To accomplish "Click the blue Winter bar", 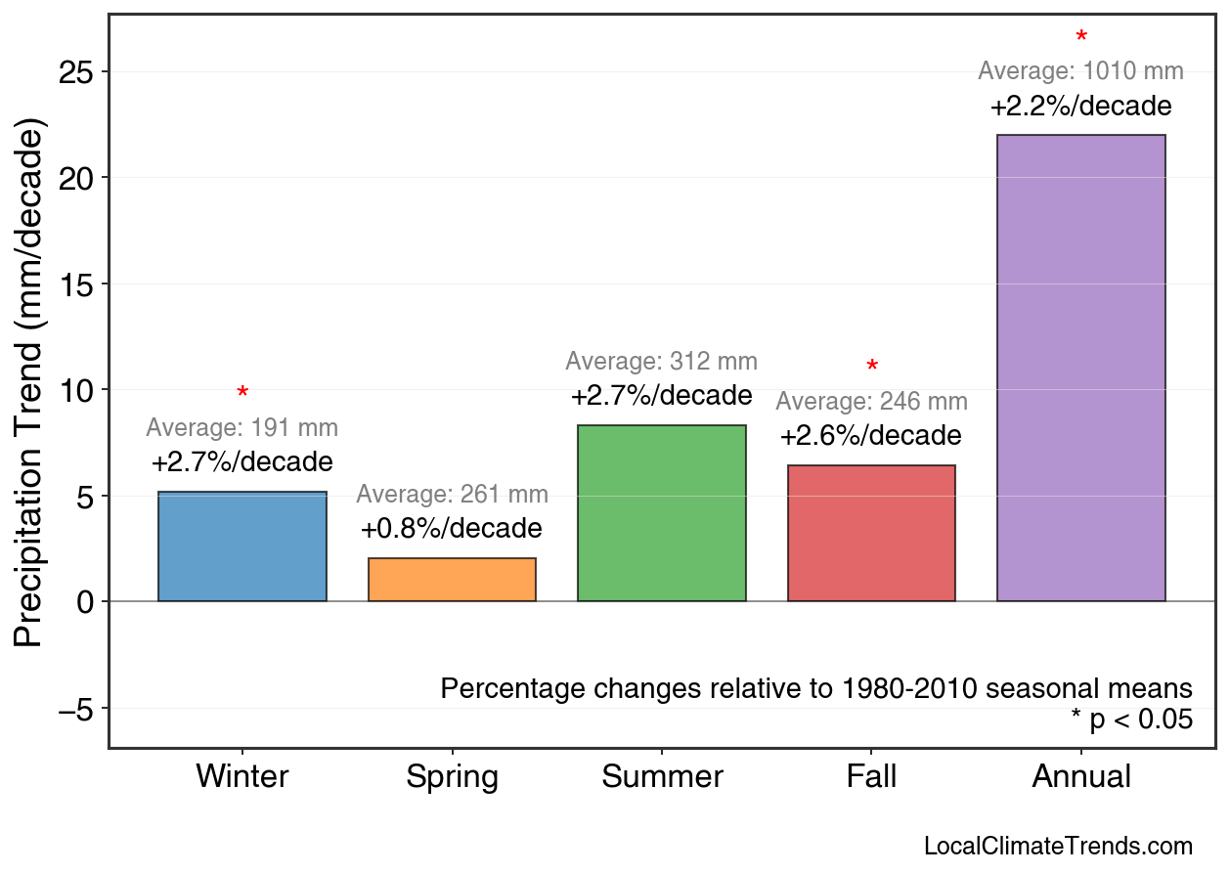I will tap(242, 546).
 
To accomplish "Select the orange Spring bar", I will tap(452, 580).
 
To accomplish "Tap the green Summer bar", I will tap(662, 513).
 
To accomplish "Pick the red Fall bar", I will tap(871, 533).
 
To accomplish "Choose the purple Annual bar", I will tap(1080, 368).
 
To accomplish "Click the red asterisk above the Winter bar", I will tap(242, 394).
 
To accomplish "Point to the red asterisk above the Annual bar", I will tap(1080, 38).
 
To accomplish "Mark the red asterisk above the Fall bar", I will tap(872, 368).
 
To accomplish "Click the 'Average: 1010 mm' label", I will tap(1080, 71).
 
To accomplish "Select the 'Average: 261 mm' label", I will tap(452, 495).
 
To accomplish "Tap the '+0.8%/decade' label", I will tap(452, 529).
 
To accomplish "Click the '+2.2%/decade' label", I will tap(1080, 106).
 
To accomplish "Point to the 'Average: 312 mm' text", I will tap(662, 362).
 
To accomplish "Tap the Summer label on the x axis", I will tap(662, 777).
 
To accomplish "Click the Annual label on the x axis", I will tap(1080, 777).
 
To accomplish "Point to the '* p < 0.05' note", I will tap(1131, 720).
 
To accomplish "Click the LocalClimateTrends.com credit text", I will tap(1058, 846).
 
